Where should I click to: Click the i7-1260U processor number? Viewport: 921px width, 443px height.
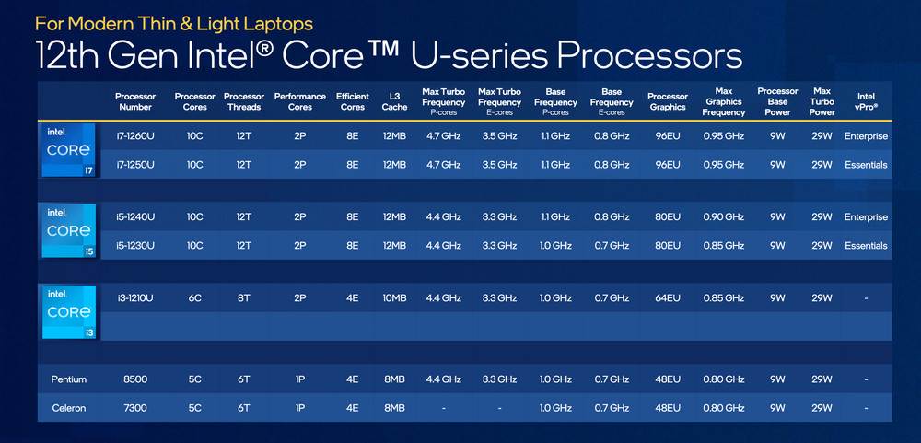pos(134,136)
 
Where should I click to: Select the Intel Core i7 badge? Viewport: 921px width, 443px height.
pos(69,150)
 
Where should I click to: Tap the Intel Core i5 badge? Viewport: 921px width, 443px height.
pos(69,231)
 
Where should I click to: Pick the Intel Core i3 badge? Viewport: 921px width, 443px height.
pos(69,311)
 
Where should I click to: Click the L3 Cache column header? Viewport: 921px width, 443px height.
pos(394,101)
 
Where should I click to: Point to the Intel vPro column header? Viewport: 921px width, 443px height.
pos(866,101)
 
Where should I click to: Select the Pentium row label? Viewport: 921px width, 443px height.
pos(69,379)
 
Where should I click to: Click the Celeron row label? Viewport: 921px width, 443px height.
pos(69,408)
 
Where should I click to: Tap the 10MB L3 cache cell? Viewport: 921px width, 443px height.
pos(394,298)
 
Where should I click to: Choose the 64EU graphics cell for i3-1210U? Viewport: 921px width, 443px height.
pos(667,298)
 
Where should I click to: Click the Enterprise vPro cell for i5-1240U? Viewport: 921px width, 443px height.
pos(866,217)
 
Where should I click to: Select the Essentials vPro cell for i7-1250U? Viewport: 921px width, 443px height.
pos(866,165)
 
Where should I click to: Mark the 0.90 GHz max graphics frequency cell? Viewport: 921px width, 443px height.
pos(724,217)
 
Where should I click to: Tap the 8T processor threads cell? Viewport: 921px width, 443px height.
pos(243,298)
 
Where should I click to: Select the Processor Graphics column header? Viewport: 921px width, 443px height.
pos(668,101)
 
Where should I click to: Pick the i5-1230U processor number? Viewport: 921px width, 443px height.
pos(134,246)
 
